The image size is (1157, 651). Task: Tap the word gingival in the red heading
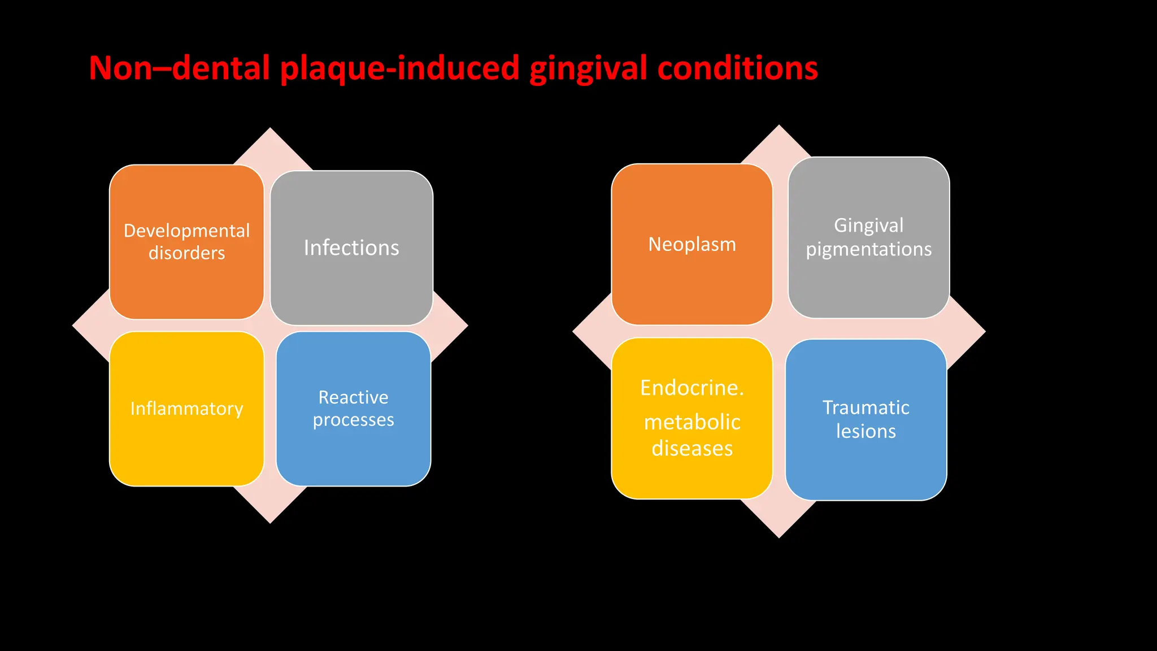click(588, 68)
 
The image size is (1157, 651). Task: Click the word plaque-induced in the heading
click(399, 68)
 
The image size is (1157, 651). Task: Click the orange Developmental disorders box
click(186, 283)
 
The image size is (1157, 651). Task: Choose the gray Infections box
click(351, 283)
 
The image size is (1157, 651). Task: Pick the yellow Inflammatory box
click(186, 446)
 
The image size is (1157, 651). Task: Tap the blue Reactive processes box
click(353, 452)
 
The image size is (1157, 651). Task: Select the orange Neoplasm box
click(691, 283)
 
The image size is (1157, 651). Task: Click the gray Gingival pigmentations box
click(869, 283)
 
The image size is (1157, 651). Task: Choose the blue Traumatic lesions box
click(865, 469)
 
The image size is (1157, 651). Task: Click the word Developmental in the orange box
click(186, 231)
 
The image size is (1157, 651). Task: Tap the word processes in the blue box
click(353, 420)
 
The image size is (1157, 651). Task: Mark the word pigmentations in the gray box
click(869, 249)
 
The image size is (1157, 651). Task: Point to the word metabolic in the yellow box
click(692, 422)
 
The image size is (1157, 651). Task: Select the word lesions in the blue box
click(865, 431)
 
